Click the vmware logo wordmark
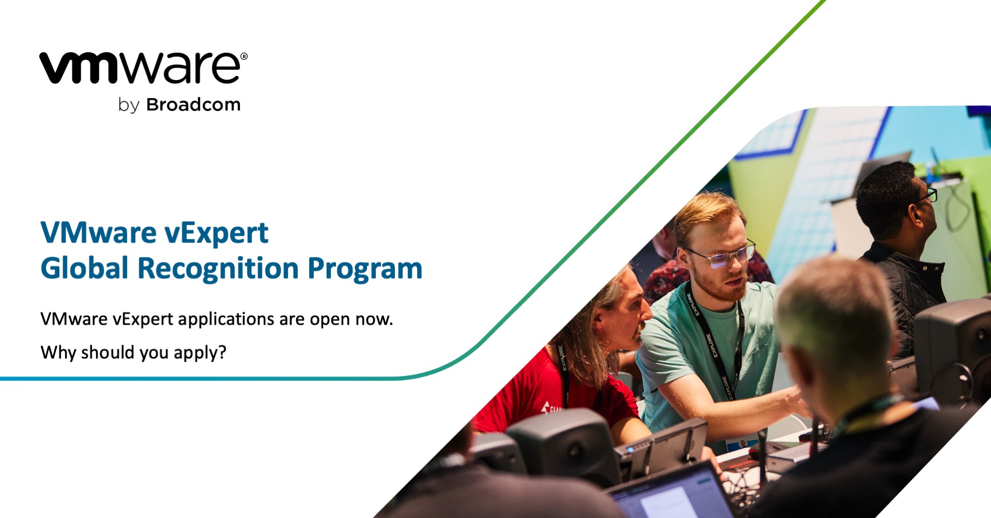point(139,68)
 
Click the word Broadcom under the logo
point(193,105)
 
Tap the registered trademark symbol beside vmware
point(244,56)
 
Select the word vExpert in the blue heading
point(216,233)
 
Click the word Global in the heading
point(84,269)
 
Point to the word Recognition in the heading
point(218,269)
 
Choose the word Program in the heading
point(365,269)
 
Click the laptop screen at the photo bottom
point(671,498)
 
